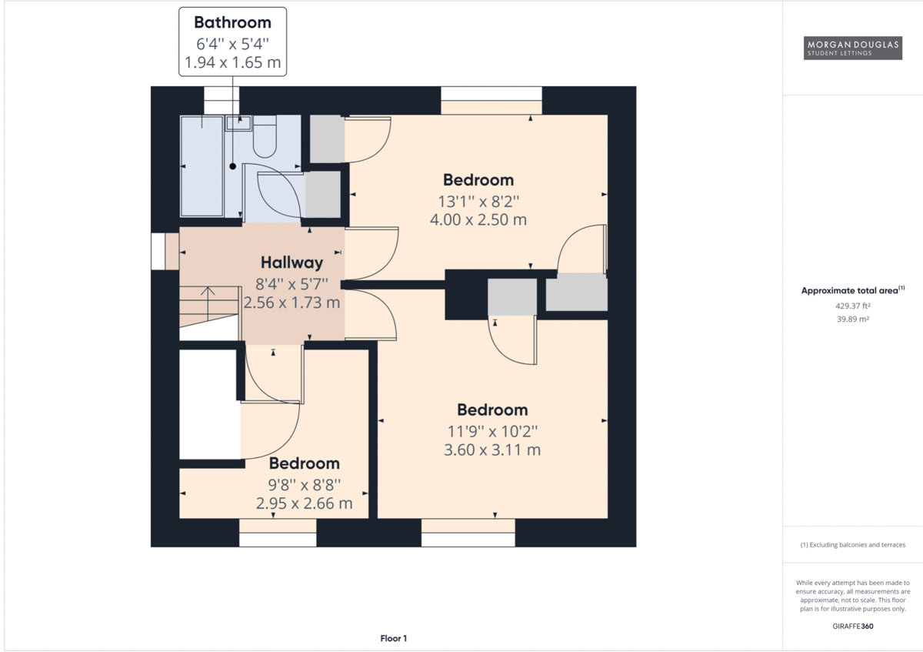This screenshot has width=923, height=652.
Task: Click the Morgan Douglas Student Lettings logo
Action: (x=852, y=48)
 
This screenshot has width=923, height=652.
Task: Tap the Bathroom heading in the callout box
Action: (x=232, y=22)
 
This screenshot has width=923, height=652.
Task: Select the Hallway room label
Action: (x=292, y=262)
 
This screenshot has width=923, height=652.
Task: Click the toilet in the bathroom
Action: (x=264, y=136)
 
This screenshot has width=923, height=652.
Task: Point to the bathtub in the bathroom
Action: (x=202, y=166)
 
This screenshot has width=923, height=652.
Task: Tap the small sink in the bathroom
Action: (x=238, y=123)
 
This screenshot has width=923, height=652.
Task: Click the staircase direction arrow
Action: (x=208, y=303)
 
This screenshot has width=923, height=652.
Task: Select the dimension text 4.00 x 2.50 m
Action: (x=478, y=220)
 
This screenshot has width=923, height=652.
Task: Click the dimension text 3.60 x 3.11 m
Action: (x=492, y=450)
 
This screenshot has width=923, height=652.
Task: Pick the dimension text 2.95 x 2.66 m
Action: (x=304, y=503)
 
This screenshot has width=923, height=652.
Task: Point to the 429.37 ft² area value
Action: (x=852, y=306)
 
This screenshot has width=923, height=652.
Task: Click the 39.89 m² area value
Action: (x=852, y=319)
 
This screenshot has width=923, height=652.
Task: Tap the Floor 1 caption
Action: (x=393, y=638)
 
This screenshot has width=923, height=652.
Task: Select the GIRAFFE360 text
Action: (x=852, y=626)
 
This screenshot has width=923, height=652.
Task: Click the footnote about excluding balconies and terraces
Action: (x=852, y=545)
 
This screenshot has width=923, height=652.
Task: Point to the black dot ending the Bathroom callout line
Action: (x=233, y=166)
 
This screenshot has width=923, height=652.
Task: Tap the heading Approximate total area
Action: (x=849, y=291)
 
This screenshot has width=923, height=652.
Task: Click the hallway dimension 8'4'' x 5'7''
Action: (x=292, y=284)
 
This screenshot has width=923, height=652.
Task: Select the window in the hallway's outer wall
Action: (x=158, y=252)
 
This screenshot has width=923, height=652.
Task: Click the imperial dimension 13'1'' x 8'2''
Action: (x=478, y=202)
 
